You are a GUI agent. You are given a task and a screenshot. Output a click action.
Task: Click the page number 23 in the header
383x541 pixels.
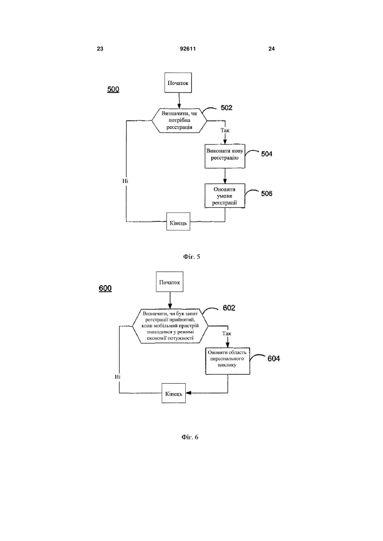point(100,49)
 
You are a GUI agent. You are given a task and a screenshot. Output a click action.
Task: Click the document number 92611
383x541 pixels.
point(188,49)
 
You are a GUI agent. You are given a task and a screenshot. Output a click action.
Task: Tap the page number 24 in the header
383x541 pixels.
point(272,49)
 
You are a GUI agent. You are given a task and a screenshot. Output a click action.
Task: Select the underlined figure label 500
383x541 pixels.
point(113,90)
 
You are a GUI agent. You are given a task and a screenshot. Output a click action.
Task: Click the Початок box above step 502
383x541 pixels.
point(178,82)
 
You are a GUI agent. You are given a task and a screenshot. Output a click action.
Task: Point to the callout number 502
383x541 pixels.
point(227,108)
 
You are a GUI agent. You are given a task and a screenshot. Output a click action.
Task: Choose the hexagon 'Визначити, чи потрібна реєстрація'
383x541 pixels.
point(179,121)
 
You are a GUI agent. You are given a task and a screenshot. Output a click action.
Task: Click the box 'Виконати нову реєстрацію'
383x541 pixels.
point(225,156)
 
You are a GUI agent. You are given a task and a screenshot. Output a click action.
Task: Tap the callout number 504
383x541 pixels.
point(267,154)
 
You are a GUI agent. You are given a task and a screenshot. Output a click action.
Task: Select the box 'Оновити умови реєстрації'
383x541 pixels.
point(225,196)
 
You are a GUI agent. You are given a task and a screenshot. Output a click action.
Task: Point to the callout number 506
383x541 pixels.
point(267,193)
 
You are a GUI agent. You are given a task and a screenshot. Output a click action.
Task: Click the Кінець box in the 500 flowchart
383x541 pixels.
point(178,221)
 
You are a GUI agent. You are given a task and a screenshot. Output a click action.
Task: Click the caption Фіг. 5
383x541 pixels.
point(192,257)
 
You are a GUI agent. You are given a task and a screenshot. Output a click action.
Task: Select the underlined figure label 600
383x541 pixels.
point(105,289)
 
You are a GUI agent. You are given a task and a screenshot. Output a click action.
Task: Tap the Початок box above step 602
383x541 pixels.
point(169,282)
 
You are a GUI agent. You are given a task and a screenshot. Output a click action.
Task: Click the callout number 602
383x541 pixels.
point(229,308)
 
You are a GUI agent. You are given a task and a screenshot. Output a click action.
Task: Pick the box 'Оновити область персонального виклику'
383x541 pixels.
point(227,361)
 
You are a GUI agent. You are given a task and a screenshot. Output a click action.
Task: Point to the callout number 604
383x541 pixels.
point(273,359)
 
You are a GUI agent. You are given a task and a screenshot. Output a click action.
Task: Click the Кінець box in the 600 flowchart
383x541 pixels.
point(173,393)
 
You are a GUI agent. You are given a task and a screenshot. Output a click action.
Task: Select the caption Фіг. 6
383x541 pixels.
point(190,437)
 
